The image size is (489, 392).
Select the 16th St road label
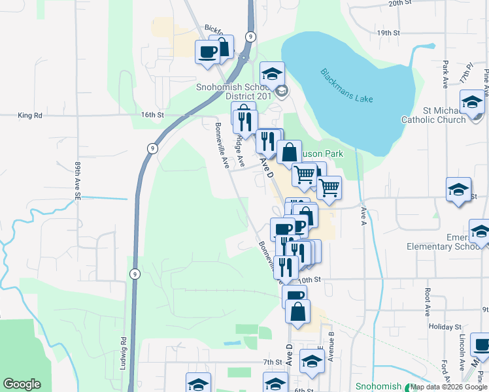tap(152, 115)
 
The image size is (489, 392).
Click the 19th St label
tap(388, 32)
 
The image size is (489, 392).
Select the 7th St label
tap(272, 362)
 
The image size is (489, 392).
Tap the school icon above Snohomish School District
tap(273, 73)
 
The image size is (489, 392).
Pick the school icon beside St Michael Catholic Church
tap(472, 102)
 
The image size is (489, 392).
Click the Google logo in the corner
tap(22, 384)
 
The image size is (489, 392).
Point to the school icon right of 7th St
tap(312, 361)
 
